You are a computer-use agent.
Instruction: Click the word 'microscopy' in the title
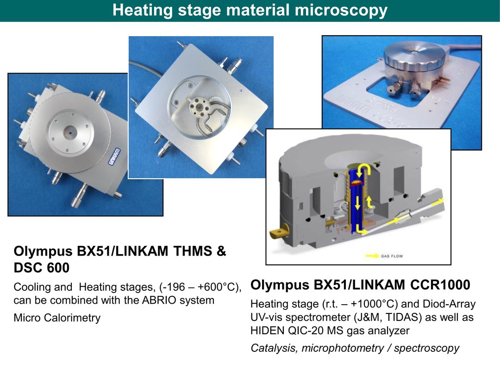341,10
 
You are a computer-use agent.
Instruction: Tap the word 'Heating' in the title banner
142,10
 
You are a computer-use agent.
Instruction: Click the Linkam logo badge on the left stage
115,156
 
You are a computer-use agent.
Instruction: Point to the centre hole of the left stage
69,131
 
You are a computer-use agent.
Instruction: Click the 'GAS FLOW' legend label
392,256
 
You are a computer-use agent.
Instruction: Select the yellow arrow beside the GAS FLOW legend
372,256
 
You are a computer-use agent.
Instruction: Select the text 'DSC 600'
42,268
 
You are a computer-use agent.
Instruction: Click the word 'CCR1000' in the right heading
440,285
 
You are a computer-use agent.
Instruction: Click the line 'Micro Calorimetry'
57,318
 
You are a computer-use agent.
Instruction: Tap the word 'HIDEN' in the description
267,331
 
